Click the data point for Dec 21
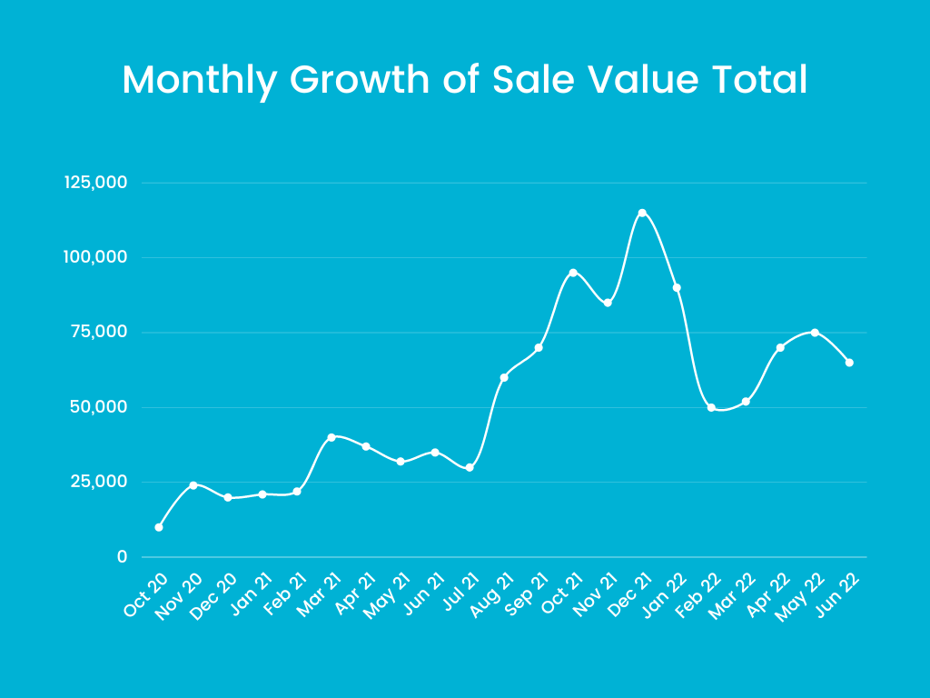642,213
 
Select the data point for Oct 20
159,527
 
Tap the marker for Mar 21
331,437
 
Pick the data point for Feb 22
711,407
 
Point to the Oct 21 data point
573,273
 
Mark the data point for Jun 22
849,363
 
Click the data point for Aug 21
504,377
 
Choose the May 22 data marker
815,333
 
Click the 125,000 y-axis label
95,183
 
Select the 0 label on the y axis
122,556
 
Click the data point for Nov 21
608,303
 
